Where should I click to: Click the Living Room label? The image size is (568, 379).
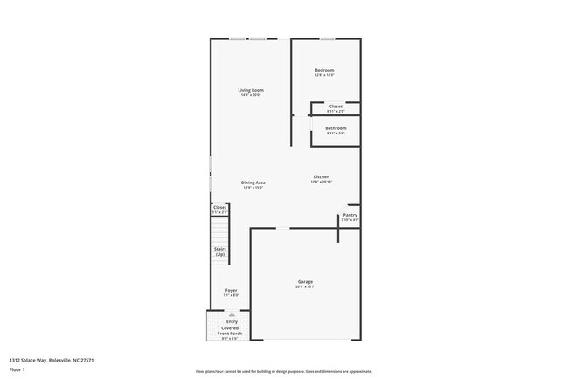coord(251,90)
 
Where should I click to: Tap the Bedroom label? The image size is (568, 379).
coord(324,70)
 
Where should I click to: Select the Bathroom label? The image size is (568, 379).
coord(336,128)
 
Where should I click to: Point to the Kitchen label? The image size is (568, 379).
coord(322,176)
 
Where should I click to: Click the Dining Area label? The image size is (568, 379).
coord(253,182)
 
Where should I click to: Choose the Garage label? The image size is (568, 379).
coord(305,281)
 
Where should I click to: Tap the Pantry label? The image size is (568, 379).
coord(350,215)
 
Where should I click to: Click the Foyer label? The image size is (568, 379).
coord(231,290)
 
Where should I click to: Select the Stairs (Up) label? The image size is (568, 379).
coord(220,252)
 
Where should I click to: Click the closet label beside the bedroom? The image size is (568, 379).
coord(336,107)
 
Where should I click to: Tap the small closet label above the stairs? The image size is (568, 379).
coord(219,207)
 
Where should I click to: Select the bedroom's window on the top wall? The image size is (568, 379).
coord(326,38)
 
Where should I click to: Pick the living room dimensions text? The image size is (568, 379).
coord(251,95)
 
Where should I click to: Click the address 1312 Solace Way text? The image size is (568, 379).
coord(52,359)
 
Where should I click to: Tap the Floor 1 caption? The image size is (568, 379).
coord(18,370)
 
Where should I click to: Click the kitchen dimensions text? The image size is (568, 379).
coord(322,182)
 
